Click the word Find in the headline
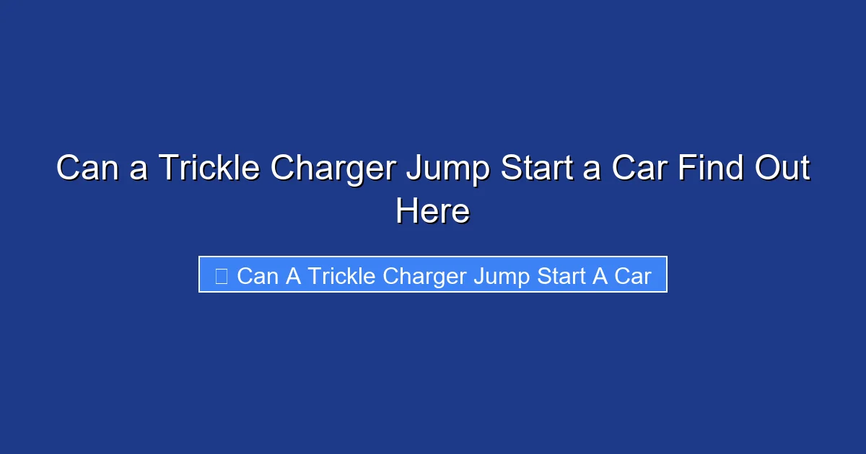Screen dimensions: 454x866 point(701,169)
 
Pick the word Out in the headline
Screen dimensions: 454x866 point(782,169)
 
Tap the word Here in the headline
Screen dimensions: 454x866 point(433,212)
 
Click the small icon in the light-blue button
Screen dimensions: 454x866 point(222,275)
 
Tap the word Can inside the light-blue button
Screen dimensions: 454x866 point(258,275)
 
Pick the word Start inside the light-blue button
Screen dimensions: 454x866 point(561,275)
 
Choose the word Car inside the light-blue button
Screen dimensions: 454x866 point(633,275)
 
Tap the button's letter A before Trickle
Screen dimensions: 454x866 point(294,275)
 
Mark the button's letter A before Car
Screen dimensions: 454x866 point(600,275)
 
